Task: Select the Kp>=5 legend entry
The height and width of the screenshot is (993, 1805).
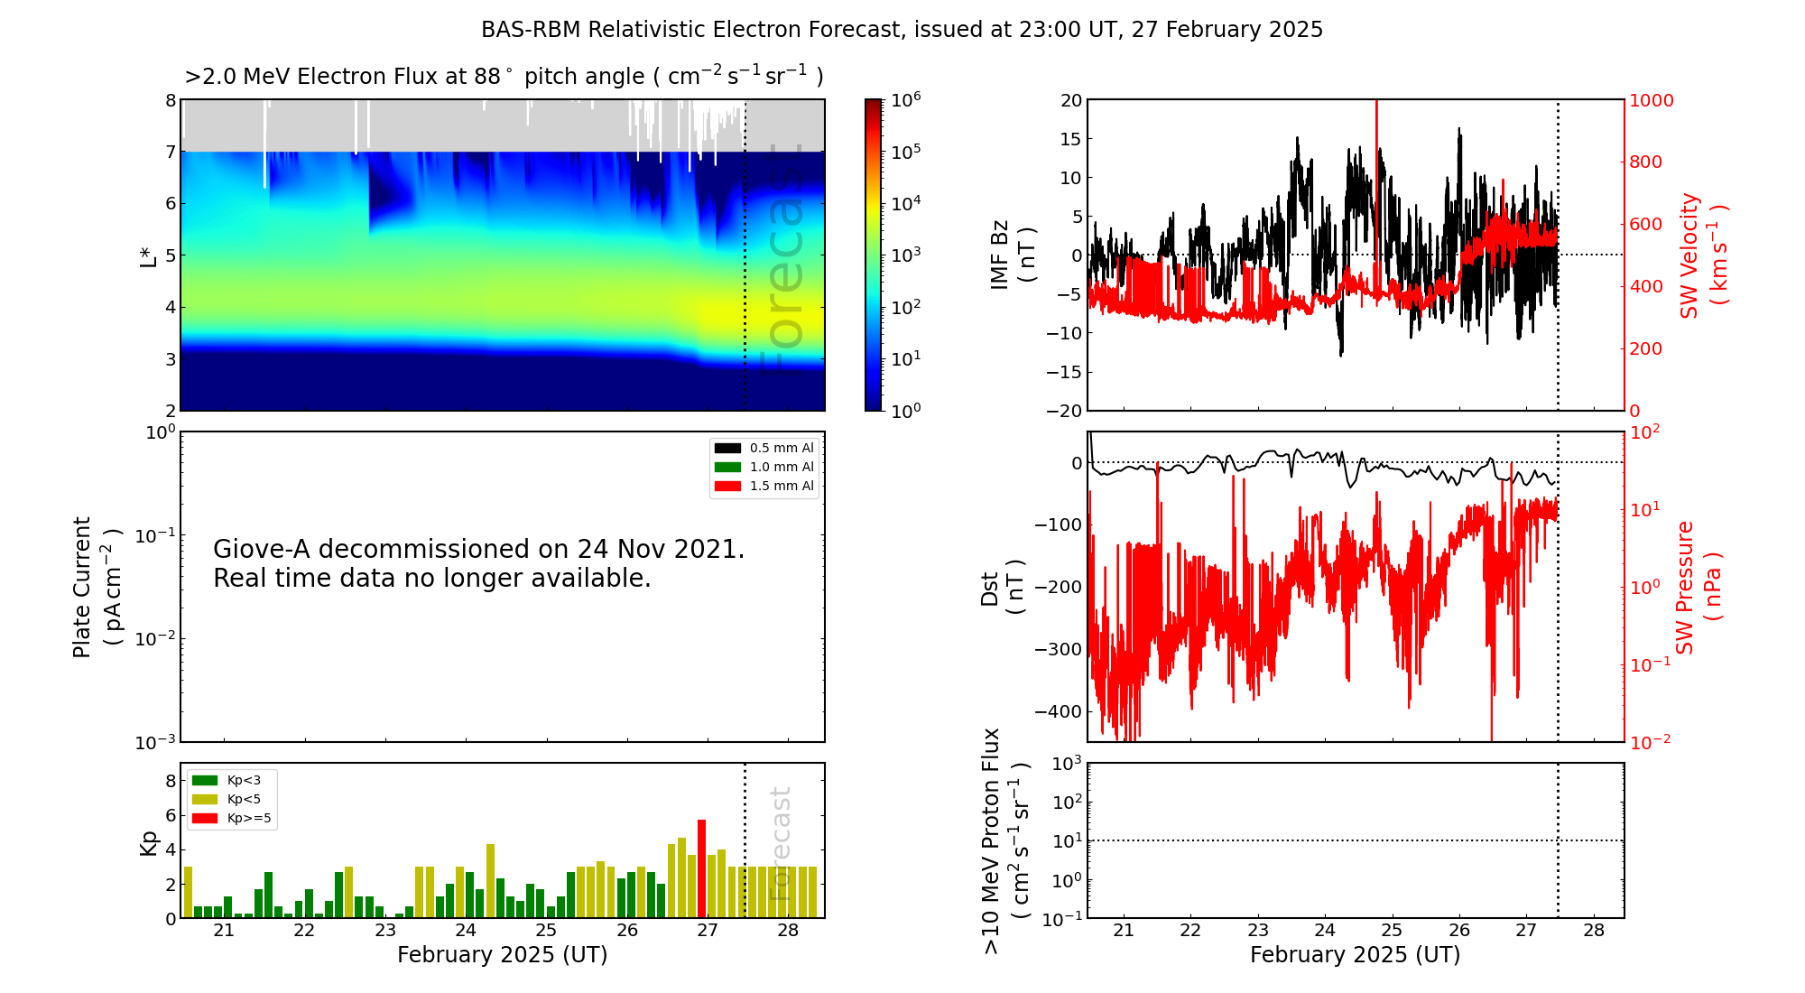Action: [231, 819]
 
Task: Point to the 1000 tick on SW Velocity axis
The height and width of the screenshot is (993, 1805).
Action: [1652, 100]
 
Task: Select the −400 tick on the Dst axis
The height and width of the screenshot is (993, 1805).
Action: [1058, 711]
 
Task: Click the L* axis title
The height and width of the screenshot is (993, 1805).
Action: [148, 255]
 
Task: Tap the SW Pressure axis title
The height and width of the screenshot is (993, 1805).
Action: [1698, 587]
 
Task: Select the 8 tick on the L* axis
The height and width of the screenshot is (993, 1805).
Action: [170, 100]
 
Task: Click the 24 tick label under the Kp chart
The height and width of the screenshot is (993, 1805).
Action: [465, 931]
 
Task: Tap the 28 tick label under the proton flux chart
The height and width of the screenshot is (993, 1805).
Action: [1594, 931]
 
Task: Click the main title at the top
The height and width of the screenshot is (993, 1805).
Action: [902, 30]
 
